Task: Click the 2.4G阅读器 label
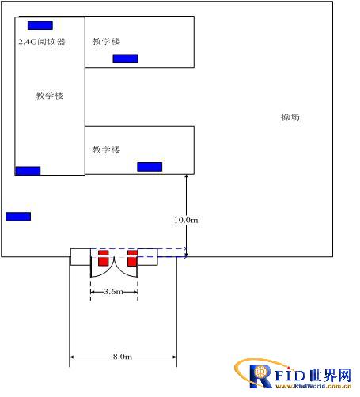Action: pyautogui.click(x=42, y=42)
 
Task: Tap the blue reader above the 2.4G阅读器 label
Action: pyautogui.click(x=40, y=25)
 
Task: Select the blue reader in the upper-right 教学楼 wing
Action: pyautogui.click(x=125, y=59)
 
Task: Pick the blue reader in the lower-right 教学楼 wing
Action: pyautogui.click(x=150, y=167)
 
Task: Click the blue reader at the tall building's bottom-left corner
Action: pyautogui.click(x=28, y=171)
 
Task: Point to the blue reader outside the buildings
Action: pyautogui.click(x=18, y=217)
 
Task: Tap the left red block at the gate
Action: pyautogui.click(x=104, y=258)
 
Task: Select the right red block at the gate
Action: pyautogui.click(x=132, y=258)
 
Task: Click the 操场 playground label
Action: pyautogui.click(x=290, y=117)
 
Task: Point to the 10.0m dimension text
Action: pyautogui.click(x=186, y=220)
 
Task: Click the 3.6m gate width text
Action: pyautogui.click(x=114, y=292)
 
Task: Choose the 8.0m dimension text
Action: pyautogui.click(x=123, y=357)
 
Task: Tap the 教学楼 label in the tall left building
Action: pyautogui.click(x=50, y=96)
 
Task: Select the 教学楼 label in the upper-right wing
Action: pyautogui.click(x=106, y=41)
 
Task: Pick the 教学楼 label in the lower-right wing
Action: pyautogui.click(x=106, y=149)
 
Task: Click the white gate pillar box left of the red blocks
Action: pyautogui.click(x=81, y=257)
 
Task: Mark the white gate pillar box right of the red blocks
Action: pyautogui.click(x=148, y=257)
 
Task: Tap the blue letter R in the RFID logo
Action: pyautogui.click(x=260, y=376)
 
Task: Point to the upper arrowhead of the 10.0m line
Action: pyautogui.click(x=186, y=176)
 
